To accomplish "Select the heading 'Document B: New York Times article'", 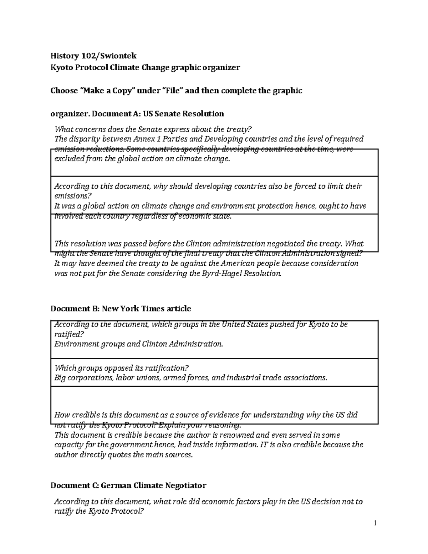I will pos(121,309).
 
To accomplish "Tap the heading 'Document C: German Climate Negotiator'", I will pos(128,485).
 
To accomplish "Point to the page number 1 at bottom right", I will pos(375,523).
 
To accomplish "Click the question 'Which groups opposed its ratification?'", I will pos(121,368).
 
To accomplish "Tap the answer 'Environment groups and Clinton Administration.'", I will pos(138,344).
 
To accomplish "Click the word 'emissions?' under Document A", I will pos(73,196).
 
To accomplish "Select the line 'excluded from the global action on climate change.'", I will pos(141,159).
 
